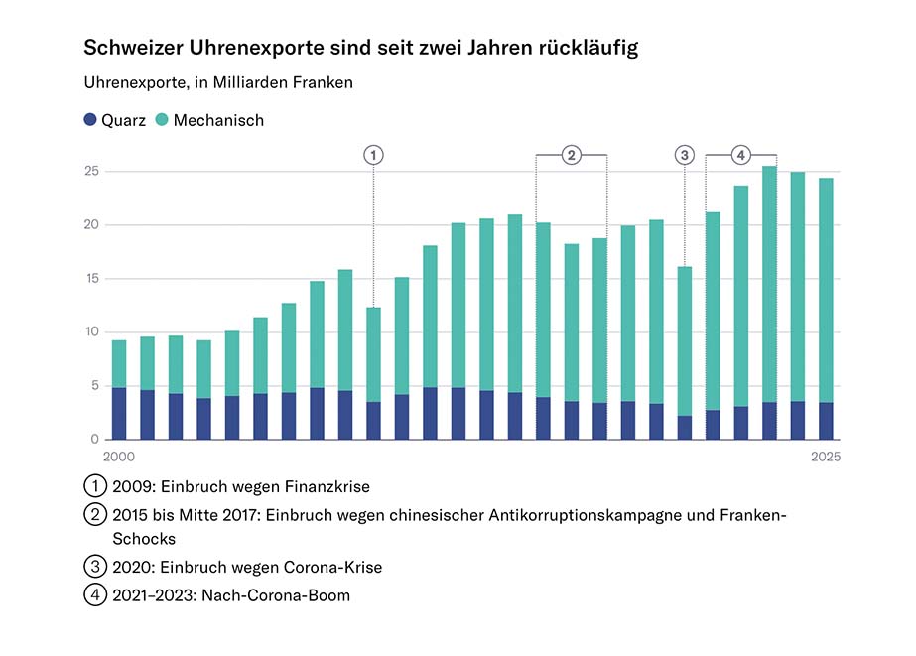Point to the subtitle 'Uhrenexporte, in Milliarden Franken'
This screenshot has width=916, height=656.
218,83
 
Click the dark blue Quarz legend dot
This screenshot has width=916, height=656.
90,120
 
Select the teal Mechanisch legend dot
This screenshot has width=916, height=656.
163,120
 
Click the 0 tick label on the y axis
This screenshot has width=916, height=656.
94,440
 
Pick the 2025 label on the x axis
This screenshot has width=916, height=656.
825,458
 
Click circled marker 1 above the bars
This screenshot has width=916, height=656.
373,155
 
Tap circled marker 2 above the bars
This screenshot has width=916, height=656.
572,155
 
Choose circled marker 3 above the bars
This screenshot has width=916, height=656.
685,155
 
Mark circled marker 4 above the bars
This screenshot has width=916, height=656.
741,155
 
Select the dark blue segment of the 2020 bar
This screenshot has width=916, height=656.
685,428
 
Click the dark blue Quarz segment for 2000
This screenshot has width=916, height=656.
119,414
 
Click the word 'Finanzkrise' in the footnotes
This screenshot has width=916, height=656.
328,487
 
